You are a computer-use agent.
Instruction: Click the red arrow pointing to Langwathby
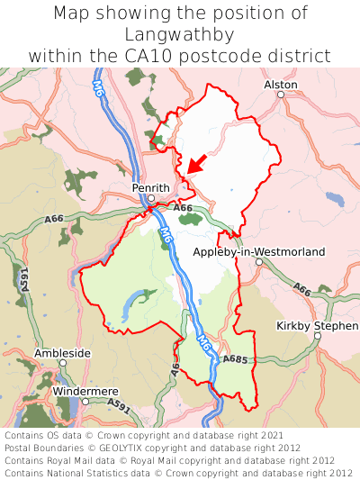(x=197, y=162)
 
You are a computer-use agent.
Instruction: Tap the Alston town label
(x=280, y=84)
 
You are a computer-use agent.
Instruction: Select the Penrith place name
(x=150, y=186)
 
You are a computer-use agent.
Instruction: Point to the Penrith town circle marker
(x=152, y=198)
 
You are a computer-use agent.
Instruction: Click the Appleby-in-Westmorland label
(x=259, y=252)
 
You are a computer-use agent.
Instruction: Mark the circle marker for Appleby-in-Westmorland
(x=258, y=262)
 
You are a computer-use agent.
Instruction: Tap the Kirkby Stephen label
(x=317, y=325)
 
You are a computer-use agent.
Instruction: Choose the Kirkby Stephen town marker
(x=318, y=336)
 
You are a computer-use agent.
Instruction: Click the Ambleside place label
(x=62, y=353)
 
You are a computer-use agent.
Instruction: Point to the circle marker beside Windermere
(x=85, y=401)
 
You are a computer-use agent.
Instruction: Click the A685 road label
(x=235, y=359)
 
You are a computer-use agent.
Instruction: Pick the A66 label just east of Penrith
(x=184, y=208)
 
